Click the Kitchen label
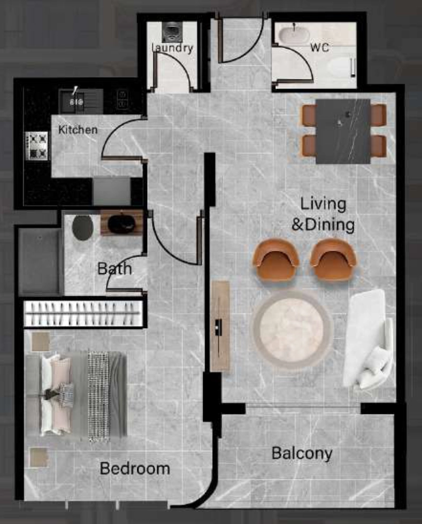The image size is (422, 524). (x=78, y=130)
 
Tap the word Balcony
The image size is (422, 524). (x=302, y=453)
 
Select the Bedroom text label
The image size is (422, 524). (x=135, y=469)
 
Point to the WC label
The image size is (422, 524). (x=319, y=47)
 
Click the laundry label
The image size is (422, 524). (x=172, y=48)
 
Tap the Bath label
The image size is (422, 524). (x=114, y=269)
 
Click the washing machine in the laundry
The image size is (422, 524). (x=172, y=32)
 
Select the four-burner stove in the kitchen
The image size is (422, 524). (x=36, y=146)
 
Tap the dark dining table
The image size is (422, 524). (x=343, y=131)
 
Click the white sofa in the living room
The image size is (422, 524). (x=368, y=339)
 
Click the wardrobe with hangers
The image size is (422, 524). (x=83, y=313)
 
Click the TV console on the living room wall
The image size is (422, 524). (x=220, y=326)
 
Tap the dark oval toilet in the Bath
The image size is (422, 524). (x=83, y=228)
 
